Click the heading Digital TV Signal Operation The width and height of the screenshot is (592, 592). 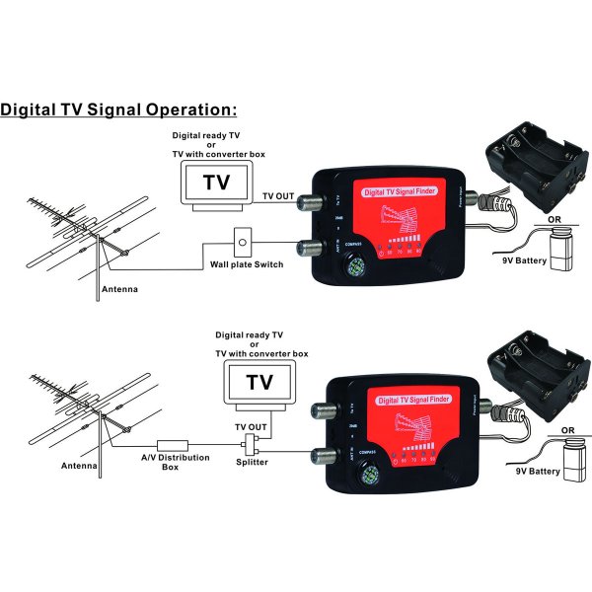pyautogui.click(x=118, y=109)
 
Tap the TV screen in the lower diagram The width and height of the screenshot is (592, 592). pyautogui.click(x=259, y=383)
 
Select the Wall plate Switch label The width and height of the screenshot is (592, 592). pyautogui.click(x=247, y=264)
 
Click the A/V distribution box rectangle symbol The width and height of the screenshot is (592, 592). pyautogui.click(x=173, y=445)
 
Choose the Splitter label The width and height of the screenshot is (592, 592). pyautogui.click(x=254, y=461)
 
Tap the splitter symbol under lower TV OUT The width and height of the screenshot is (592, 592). pyautogui.click(x=254, y=440)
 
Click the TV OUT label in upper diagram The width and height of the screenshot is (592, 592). pyautogui.click(x=278, y=197)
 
